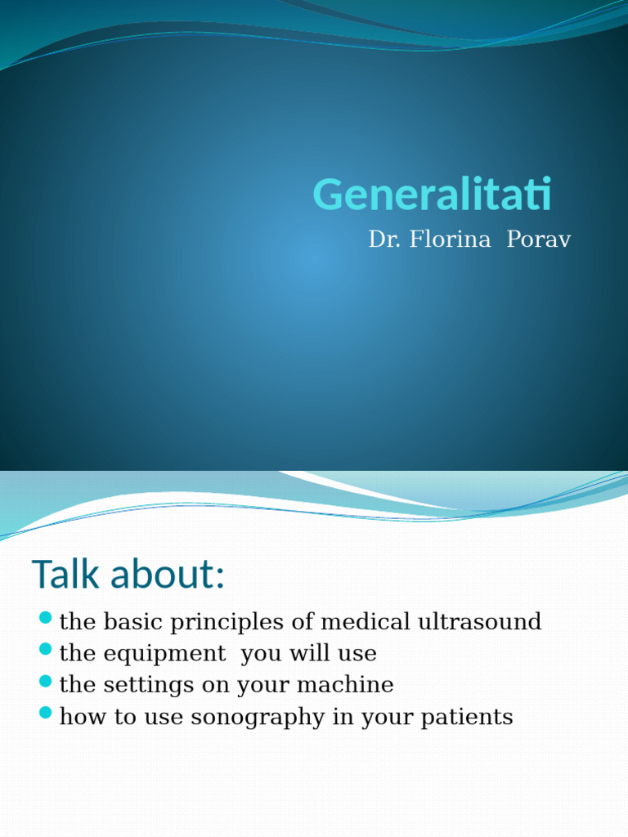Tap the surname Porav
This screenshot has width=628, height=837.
click(539, 239)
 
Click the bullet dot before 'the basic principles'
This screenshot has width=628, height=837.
click(46, 617)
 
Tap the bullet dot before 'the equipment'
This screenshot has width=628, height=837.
click(46, 649)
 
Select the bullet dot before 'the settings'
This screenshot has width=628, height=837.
click(46, 681)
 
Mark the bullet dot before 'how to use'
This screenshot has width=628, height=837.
click(46, 713)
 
